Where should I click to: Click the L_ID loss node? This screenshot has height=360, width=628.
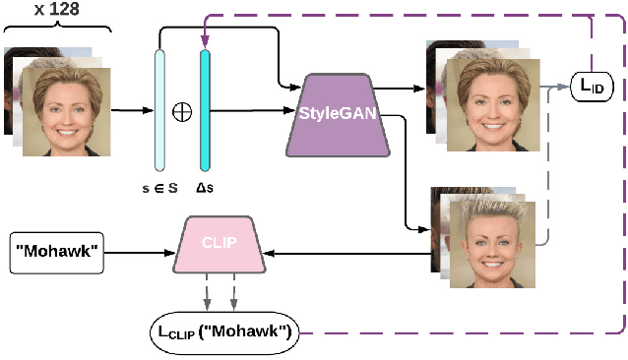point(593,89)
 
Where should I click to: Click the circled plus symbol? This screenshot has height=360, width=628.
point(181,111)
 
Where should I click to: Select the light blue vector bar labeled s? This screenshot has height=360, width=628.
point(158,110)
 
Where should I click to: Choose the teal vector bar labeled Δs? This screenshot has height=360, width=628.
point(205,110)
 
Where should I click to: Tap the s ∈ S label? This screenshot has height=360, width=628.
point(158,190)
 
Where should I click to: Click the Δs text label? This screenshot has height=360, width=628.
point(205,190)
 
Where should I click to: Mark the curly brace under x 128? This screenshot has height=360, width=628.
point(58,30)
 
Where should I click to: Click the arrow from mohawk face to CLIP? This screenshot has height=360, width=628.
point(345,254)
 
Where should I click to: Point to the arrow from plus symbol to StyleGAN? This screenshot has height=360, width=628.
point(251,111)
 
